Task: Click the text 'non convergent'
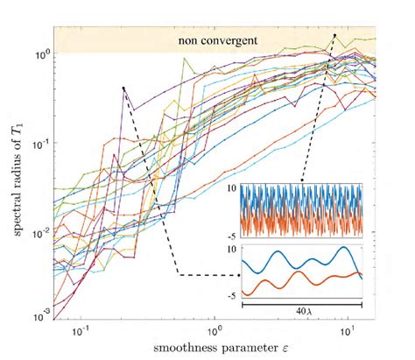tap(213, 40)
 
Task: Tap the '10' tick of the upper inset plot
tap(232, 187)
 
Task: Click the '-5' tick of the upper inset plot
tap(232, 235)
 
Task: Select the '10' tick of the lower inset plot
tap(232, 249)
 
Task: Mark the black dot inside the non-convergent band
tap(334, 35)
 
